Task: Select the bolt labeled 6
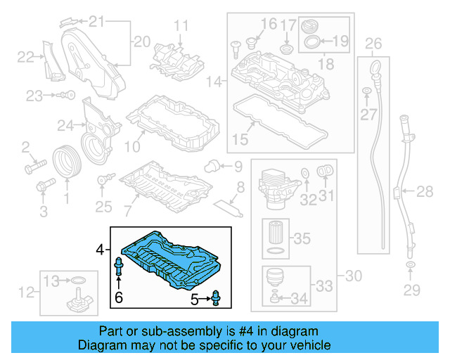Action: pos(119,268)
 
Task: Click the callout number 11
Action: pos(181,27)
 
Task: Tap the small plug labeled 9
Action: pos(210,166)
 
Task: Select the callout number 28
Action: pos(425,191)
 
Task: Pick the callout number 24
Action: pos(65,126)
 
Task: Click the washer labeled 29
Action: pos(409,266)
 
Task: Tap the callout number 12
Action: pos(26,292)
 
